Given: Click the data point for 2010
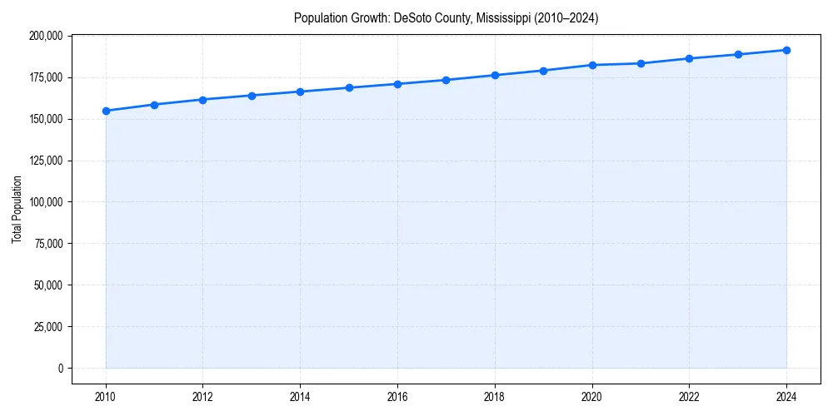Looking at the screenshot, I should click(106, 111).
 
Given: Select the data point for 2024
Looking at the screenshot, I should click(786, 50).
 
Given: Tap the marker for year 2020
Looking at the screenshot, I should click(592, 65).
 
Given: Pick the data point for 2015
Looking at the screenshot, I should click(349, 87).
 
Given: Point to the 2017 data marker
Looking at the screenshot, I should click(446, 80).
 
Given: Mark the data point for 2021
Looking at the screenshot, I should click(641, 63).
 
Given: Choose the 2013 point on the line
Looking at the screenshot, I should click(252, 95).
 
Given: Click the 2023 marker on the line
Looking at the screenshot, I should click(738, 54).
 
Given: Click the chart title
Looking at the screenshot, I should click(446, 17).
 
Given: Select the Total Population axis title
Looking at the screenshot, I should click(17, 209).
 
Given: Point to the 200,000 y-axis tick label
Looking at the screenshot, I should click(45, 36).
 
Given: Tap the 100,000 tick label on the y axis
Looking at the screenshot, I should click(45, 202).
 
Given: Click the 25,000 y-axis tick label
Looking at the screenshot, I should click(47, 326).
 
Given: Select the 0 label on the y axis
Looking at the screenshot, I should click(59, 368).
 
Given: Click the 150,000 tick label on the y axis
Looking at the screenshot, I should click(45, 119).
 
